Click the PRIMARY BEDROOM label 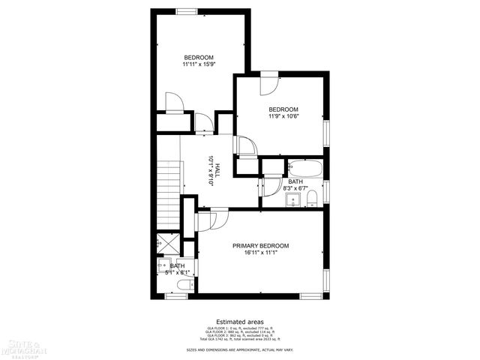click(x=260, y=246)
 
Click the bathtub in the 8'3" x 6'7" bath click(x=305, y=168)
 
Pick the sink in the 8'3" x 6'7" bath click(x=292, y=199)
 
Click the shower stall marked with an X click(x=163, y=244)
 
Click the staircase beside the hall click(x=169, y=195)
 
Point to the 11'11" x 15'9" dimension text click(x=199, y=65)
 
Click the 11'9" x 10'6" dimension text click(x=283, y=116)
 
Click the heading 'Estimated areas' click(x=239, y=321)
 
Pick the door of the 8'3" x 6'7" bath click(x=271, y=183)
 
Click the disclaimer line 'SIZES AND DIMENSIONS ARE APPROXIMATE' click(x=239, y=349)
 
